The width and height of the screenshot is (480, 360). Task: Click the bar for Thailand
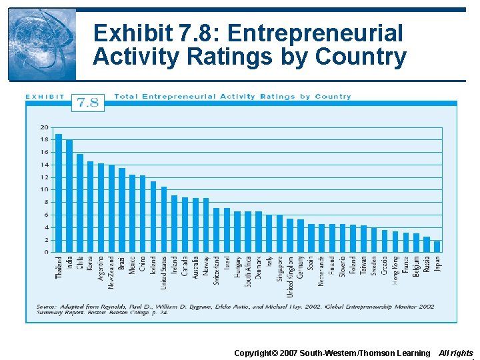click(x=59, y=193)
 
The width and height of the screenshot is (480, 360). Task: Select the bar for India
click(x=69, y=196)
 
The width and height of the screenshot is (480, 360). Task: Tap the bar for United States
click(x=164, y=219)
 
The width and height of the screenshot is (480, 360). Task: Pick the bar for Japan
click(x=437, y=247)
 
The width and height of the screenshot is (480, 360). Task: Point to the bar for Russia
click(x=426, y=245)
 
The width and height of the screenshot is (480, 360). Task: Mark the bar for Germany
click(x=301, y=236)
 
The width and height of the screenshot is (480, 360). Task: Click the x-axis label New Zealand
click(x=111, y=272)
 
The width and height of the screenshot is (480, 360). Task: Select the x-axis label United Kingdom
click(x=290, y=276)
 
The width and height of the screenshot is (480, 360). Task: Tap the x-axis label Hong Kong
click(x=395, y=269)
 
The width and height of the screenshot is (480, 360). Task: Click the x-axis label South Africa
click(x=248, y=271)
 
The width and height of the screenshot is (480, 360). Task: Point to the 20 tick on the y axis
click(x=44, y=127)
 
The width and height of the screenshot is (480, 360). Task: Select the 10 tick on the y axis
click(x=44, y=190)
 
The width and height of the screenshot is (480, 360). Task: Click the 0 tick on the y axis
click(x=45, y=253)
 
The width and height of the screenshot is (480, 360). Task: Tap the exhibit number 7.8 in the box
click(x=87, y=102)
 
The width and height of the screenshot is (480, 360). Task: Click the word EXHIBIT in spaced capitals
click(x=45, y=97)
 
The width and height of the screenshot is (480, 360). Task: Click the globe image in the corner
click(x=41, y=44)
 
